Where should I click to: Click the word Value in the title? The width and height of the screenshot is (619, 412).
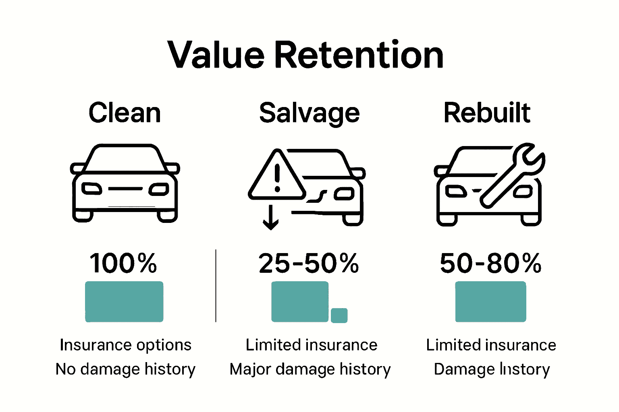[216, 55]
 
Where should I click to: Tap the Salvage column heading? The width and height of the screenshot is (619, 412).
[309, 113]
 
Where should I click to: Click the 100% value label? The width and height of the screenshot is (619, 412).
[123, 264]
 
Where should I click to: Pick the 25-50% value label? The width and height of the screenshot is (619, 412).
[309, 264]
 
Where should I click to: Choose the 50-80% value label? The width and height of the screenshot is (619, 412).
[490, 264]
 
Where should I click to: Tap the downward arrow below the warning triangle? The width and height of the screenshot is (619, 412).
[271, 217]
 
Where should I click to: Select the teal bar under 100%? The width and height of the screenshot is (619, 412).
[124, 302]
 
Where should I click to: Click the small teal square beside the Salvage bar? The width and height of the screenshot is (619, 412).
[339, 315]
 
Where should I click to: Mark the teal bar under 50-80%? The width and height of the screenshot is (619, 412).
[490, 302]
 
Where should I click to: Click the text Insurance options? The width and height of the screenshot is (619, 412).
[125, 345]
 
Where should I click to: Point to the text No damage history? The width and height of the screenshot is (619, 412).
[125, 369]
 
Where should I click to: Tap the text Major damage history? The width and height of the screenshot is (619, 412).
[310, 369]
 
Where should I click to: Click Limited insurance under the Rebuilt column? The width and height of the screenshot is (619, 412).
[491, 345]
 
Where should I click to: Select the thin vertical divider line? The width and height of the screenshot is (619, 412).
[216, 286]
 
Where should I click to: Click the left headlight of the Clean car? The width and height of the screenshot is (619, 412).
[91, 188]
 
